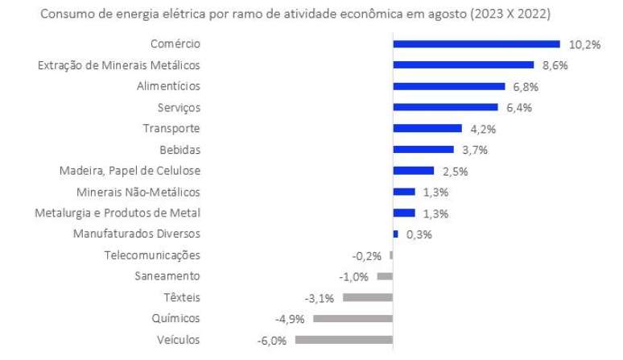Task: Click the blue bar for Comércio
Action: pyautogui.click(x=476, y=44)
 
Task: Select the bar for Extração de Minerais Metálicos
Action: pyautogui.click(x=463, y=65)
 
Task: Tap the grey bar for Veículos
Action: pyautogui.click(x=344, y=340)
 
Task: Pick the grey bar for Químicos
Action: pyautogui.click(x=353, y=319)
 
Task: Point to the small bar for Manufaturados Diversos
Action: pyautogui.click(x=395, y=234)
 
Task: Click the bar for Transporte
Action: pyautogui.click(x=427, y=128)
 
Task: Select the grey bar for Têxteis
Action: pyautogui.click(x=367, y=297)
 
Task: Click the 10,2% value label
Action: pyautogui.click(x=584, y=44)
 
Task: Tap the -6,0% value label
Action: pyautogui.click(x=272, y=341)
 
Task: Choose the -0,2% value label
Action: pyautogui.click(x=367, y=256)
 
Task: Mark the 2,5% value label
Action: pyautogui.click(x=455, y=171)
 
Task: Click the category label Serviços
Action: pyautogui.click(x=179, y=107)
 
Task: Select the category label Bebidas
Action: pyautogui.click(x=179, y=149)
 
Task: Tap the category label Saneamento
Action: pyautogui.click(x=167, y=276)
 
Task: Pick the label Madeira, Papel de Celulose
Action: pyautogui.click(x=130, y=171)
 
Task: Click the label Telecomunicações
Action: pyautogui.click(x=152, y=255)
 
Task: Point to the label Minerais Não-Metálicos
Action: pyautogui.click(x=138, y=192)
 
